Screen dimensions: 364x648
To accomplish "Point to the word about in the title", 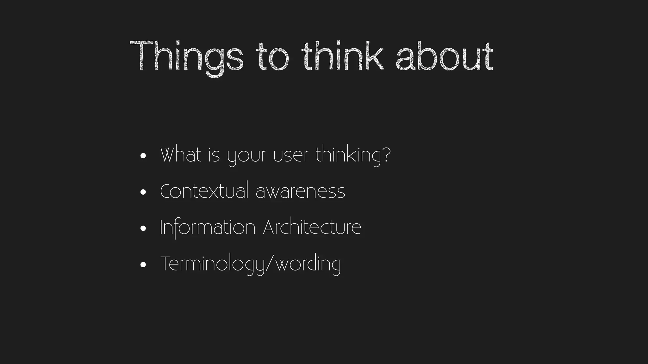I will (x=444, y=57).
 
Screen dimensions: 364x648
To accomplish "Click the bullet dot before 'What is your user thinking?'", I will (x=143, y=156).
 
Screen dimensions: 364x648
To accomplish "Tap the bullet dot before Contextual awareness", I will (x=143, y=192).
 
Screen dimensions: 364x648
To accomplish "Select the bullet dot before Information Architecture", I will (x=143, y=228).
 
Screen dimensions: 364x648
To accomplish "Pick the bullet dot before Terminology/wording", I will (x=143, y=264).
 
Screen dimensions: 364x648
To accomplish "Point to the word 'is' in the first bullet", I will (x=214, y=155).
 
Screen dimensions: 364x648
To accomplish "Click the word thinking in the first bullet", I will (x=348, y=155).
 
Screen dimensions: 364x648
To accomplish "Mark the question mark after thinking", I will (x=387, y=155).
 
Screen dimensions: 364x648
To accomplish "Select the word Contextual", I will (x=204, y=191).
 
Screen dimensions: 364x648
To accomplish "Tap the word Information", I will (x=208, y=227).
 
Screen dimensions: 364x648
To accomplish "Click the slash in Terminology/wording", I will (x=269, y=264).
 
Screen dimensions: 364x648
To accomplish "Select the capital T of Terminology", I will (x=166, y=264).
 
